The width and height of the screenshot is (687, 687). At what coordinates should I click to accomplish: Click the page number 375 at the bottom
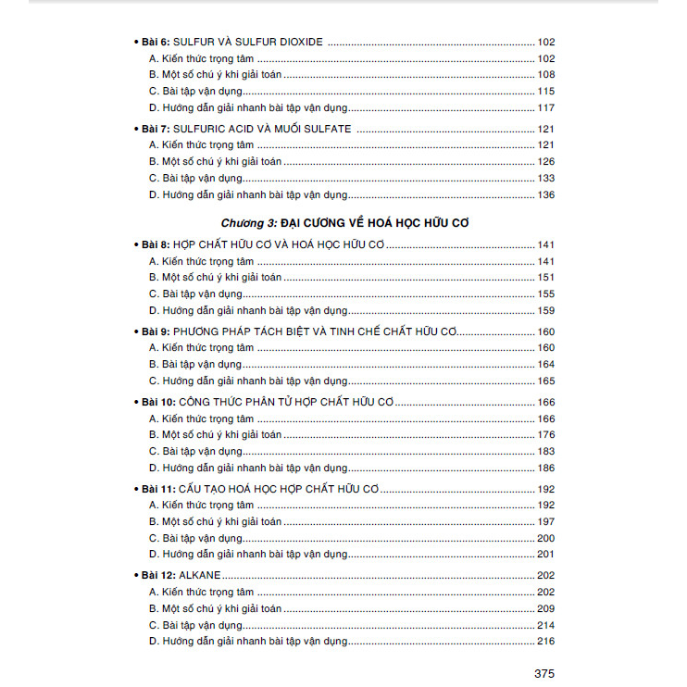coord(543,673)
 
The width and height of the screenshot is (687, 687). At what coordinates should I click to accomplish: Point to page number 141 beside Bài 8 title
coord(545,244)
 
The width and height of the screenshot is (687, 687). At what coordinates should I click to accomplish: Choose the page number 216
coord(545,642)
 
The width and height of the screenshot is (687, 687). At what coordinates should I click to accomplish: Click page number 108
coord(545,75)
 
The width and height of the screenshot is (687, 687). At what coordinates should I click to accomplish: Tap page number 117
coord(545,108)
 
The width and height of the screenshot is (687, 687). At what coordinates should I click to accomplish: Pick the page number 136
coord(545,195)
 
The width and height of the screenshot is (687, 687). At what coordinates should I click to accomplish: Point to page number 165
coord(545,381)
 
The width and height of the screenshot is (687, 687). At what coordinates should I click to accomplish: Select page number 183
coord(545,451)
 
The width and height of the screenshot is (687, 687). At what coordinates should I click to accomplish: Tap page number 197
coord(545,522)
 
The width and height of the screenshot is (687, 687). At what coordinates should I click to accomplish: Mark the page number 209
coord(545,608)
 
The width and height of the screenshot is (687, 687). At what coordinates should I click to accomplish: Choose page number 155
coord(545,294)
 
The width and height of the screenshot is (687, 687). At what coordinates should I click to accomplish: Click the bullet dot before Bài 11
coord(135,489)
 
